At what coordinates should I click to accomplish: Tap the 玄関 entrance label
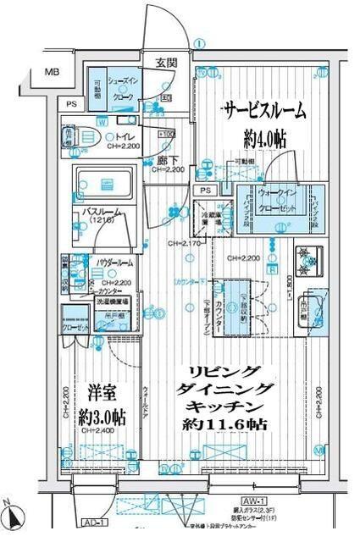[166, 63]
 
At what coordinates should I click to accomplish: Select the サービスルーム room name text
[263, 111]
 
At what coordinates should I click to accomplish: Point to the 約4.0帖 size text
[263, 135]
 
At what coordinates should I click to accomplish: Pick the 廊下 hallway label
[166, 160]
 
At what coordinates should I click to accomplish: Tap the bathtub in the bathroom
[106, 184]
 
